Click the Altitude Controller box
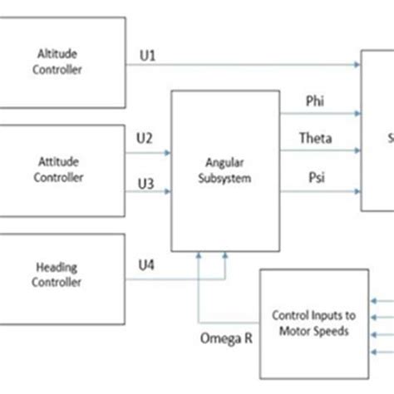point(62,62)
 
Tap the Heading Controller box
point(62,273)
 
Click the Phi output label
point(315,101)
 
